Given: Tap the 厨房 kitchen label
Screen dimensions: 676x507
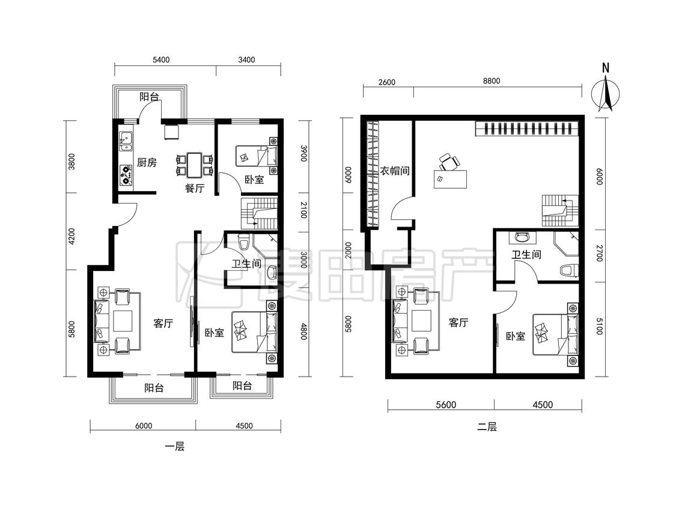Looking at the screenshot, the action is pos(147,163).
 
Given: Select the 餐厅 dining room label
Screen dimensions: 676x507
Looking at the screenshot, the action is pos(195,188).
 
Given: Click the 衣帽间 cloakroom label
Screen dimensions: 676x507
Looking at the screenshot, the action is pos(394,171).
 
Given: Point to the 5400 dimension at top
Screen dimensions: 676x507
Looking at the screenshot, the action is pos(161,60).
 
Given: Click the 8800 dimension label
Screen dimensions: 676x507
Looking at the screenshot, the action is pos(492,80).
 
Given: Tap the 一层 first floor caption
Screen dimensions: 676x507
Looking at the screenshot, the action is pos(175,447).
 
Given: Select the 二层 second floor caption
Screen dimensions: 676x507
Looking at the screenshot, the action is pos(487,427).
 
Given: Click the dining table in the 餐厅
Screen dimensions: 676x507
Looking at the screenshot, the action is pos(195,165).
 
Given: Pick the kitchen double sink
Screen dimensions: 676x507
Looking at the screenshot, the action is pos(126,141).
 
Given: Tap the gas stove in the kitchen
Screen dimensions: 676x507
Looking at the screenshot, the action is pos(126,175).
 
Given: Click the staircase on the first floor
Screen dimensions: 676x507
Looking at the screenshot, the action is pos(258,213).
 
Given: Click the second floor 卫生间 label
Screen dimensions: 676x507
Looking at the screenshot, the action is pos(526,254).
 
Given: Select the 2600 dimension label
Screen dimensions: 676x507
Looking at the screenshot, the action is pos(386,82).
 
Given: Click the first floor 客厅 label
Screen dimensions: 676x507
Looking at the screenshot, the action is pos(163,323).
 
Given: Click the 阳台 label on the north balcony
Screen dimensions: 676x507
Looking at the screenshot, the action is pos(149,97).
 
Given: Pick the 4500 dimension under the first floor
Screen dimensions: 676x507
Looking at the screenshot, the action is pos(244,426).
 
